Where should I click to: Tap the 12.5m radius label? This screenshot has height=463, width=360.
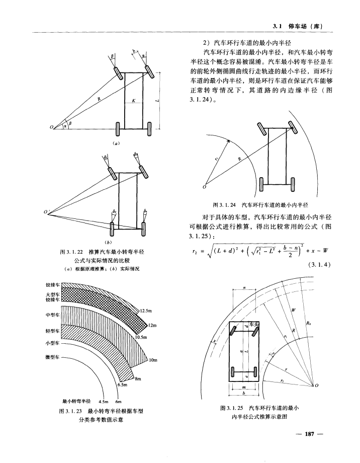[147, 310]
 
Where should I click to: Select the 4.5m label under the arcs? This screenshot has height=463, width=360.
[104, 401]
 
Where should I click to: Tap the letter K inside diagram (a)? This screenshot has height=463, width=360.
[134, 101]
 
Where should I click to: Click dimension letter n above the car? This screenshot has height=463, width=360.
[244, 288]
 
